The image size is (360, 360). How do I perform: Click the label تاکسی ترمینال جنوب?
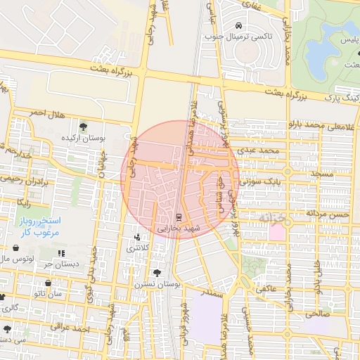(x=234, y=36)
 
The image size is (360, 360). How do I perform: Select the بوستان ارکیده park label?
(x=82, y=138)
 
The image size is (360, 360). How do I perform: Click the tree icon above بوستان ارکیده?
(x=84, y=127)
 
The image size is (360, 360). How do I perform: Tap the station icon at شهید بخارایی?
(x=178, y=217)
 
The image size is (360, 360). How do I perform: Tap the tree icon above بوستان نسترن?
(x=156, y=273)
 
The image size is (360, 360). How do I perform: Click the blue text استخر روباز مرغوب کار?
(x=41, y=226)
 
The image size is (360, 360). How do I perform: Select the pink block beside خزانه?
(x=278, y=231)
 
